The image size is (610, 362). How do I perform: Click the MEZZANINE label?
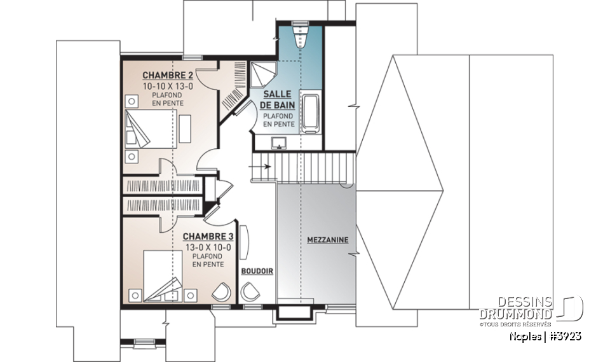point(327,240)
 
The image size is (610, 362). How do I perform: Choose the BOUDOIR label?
point(257,271)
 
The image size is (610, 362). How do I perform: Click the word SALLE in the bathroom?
point(277,94)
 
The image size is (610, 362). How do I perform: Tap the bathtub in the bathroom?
point(310,113)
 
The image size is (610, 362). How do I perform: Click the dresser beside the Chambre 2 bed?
point(185,127)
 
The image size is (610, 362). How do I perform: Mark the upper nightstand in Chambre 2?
point(132,101)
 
